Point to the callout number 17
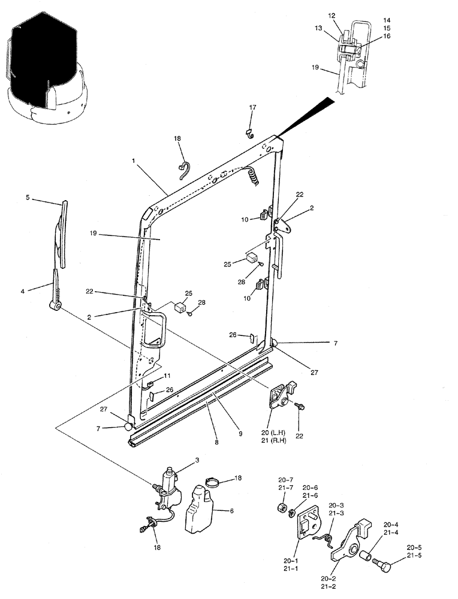pyautogui.click(x=252, y=107)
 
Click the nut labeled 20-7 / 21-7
pyautogui.click(x=279, y=509)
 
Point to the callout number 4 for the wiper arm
pyautogui.click(x=23, y=292)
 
